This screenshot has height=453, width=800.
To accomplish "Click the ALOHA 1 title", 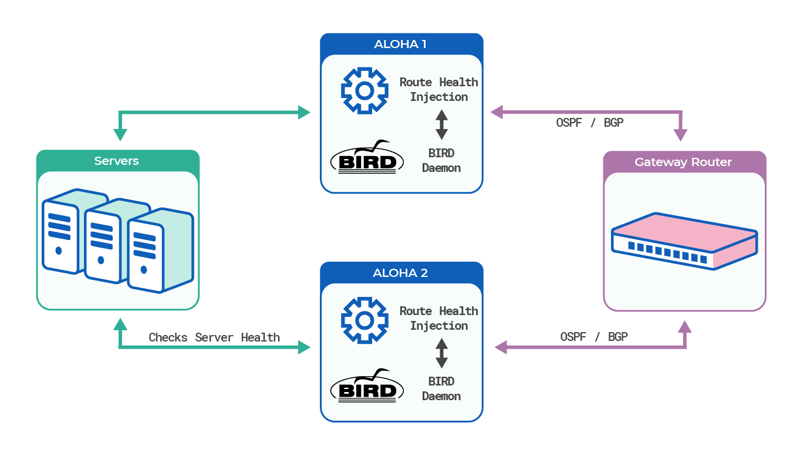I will point(400,44).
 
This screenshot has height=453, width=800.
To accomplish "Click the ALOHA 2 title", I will point(400,273).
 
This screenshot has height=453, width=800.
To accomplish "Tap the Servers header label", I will point(117,161).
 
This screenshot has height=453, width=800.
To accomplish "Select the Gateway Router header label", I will point(683,162).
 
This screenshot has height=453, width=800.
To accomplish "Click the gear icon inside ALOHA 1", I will point(364,91).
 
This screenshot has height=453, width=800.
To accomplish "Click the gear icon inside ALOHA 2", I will point(364,320).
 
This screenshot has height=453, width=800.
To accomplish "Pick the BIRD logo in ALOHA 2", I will point(367,387).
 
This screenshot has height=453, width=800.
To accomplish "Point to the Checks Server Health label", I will point(214,337).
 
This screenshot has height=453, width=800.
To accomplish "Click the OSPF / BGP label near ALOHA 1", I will point(590,123).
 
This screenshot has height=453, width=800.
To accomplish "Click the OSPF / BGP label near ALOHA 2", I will point(594,337).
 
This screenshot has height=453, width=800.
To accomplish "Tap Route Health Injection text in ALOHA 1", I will point(438,89).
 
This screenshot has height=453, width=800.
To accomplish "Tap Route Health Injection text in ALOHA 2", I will point(438,318).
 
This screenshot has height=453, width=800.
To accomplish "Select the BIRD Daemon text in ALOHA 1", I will point(441,160).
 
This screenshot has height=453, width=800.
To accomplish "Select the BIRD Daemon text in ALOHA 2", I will point(441,388).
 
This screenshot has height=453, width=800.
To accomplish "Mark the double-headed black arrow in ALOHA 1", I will point(441,125).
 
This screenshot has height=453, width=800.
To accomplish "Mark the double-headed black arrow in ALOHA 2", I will point(441,354).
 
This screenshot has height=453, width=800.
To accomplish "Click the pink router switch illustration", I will point(684,241).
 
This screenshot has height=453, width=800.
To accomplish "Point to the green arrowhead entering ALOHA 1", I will point(304,112).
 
